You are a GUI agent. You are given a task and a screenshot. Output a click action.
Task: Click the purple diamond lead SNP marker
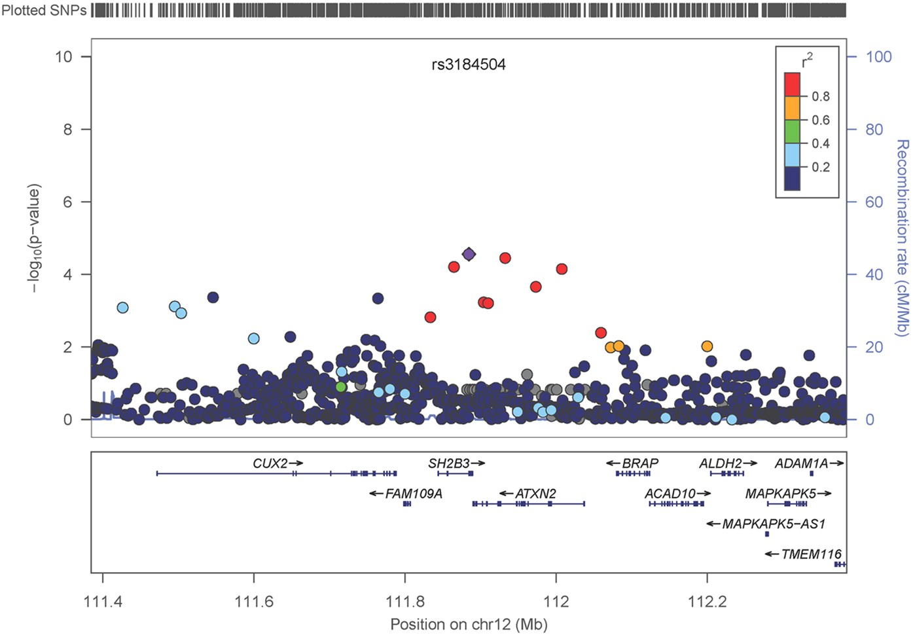click(x=469, y=254)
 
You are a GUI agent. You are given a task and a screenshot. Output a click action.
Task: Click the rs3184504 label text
click(x=469, y=65)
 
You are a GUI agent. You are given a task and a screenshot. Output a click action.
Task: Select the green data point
click(x=340, y=387)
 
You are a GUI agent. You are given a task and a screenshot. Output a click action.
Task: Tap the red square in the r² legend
click(x=792, y=84)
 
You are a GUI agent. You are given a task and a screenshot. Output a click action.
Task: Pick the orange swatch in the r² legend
click(x=792, y=108)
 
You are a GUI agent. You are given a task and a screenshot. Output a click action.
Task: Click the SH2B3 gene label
click(x=450, y=463)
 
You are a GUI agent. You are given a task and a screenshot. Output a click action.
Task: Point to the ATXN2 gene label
click(x=535, y=494)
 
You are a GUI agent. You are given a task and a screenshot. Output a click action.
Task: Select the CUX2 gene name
click(x=270, y=463)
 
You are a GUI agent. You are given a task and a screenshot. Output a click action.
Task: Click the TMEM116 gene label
click(x=811, y=554)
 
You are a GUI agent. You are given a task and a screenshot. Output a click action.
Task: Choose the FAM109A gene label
click(x=414, y=494)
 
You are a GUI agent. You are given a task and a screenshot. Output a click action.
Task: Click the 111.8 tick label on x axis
click(x=405, y=602)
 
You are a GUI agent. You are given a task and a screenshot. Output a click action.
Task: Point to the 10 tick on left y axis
click(x=63, y=57)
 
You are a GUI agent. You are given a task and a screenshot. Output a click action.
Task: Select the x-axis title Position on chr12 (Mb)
click(x=469, y=625)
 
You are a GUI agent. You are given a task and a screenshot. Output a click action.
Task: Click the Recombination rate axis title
click(x=903, y=237)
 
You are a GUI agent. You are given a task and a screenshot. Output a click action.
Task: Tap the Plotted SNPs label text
click(x=44, y=10)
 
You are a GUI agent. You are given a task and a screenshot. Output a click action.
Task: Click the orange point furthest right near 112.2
click(x=707, y=346)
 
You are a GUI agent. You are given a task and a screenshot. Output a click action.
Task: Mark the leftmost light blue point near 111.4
click(x=122, y=308)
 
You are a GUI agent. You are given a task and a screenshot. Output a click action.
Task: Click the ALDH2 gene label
click(x=720, y=463)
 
